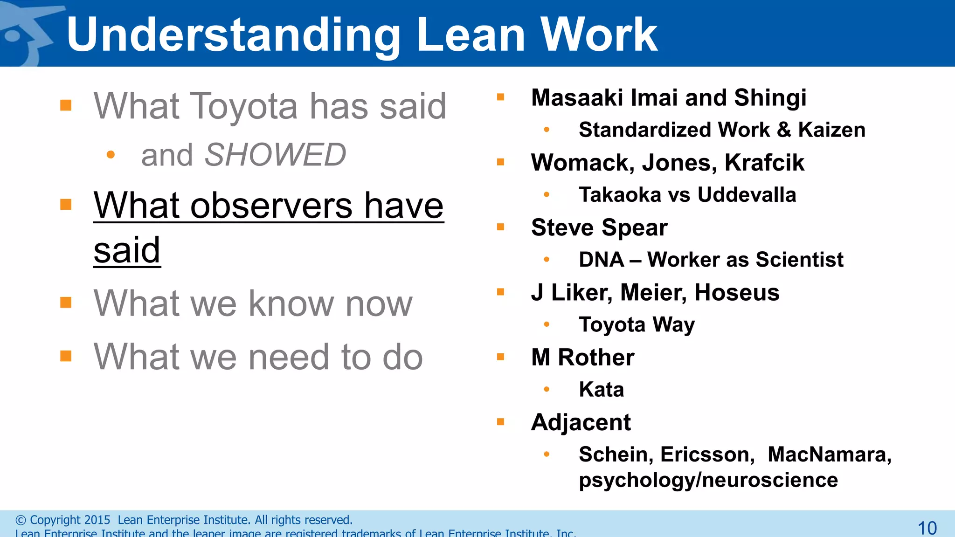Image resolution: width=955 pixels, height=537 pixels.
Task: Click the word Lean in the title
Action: [x=471, y=35]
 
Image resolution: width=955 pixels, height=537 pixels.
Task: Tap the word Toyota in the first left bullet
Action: [x=244, y=106]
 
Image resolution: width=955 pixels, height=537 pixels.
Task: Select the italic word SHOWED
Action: [x=275, y=155]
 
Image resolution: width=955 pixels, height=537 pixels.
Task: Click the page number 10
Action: [x=927, y=528]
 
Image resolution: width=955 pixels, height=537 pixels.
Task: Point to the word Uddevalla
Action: [x=747, y=195]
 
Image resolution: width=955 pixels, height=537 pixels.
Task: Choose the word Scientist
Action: [x=799, y=260]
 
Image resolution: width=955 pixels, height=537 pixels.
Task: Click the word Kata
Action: [x=601, y=390]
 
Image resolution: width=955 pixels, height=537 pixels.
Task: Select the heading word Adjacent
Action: [x=581, y=423]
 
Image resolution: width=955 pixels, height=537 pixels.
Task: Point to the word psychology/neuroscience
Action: [x=708, y=480]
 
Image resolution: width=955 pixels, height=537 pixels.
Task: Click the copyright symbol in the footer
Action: [x=21, y=520]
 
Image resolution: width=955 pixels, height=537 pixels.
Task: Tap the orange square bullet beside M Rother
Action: [x=501, y=358]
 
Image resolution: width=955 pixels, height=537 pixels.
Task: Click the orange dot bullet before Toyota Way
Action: [x=547, y=325]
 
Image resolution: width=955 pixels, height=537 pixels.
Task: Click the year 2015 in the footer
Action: [x=97, y=520]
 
